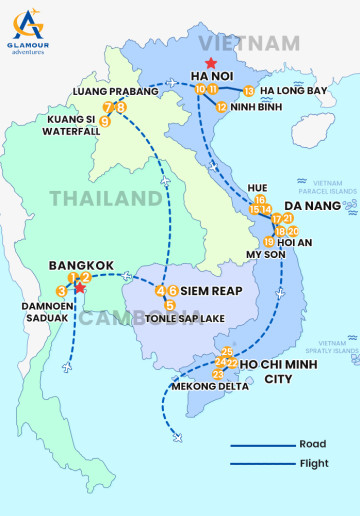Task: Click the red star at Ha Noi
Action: pyautogui.click(x=210, y=63)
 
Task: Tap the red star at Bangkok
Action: pyautogui.click(x=79, y=288)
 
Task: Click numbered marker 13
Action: pyautogui.click(x=249, y=91)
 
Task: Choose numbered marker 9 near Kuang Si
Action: pyautogui.click(x=104, y=122)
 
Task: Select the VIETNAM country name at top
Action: pyautogui.click(x=249, y=43)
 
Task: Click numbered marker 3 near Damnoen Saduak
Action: pyautogui.click(x=62, y=291)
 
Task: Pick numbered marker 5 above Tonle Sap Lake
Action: pyautogui.click(x=170, y=305)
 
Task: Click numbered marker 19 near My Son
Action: pyautogui.click(x=269, y=242)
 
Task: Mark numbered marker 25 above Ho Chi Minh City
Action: pyautogui.click(x=227, y=352)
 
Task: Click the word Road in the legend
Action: pyautogui.click(x=312, y=444)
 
